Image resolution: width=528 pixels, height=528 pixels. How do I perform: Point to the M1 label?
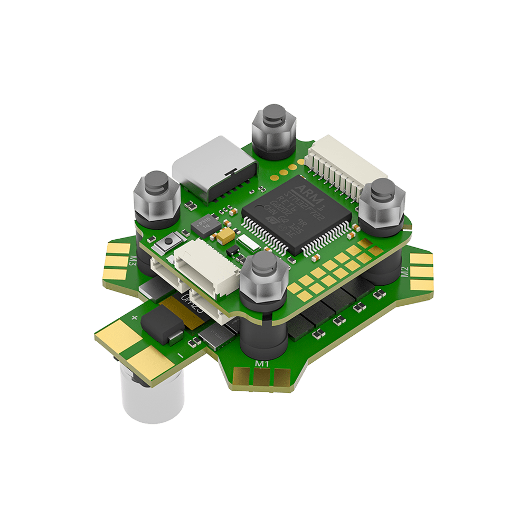pyautogui.click(x=262, y=364)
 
